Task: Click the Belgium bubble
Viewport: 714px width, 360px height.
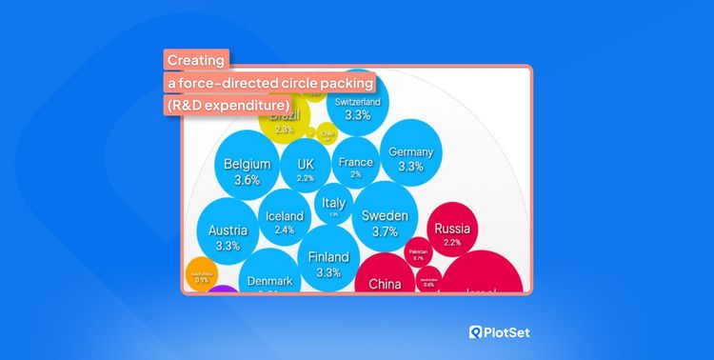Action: tap(247, 170)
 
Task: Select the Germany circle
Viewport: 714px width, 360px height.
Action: tap(410, 158)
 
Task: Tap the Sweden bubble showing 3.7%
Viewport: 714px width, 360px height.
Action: tap(385, 223)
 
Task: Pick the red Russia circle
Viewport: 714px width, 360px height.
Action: tap(451, 234)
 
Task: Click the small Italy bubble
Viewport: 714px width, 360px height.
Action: tap(333, 207)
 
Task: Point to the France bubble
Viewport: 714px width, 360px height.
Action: tap(355, 167)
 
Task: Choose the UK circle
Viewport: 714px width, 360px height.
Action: tap(305, 170)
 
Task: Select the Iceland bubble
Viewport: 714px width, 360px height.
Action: tap(285, 223)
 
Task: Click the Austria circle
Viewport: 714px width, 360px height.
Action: tap(228, 237)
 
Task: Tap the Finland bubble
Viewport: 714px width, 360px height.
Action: tap(327, 264)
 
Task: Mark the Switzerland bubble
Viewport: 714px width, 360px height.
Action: tap(358, 110)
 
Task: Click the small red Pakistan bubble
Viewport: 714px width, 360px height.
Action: tap(418, 253)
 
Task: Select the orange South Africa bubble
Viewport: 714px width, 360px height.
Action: tap(202, 275)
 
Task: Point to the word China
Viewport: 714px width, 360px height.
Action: tap(385, 284)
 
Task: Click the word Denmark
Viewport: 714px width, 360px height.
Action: tap(270, 281)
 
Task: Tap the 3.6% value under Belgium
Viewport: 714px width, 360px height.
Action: tap(247, 180)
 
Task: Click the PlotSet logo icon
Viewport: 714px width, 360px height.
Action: tap(479, 332)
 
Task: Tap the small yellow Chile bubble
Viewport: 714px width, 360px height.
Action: tap(327, 134)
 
